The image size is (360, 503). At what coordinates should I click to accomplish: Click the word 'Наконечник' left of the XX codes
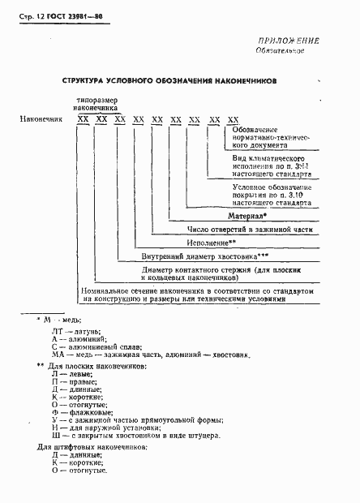[x=41, y=119]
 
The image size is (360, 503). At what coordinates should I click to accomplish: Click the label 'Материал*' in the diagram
[x=247, y=217]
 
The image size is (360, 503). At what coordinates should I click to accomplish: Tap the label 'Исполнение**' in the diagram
[x=210, y=242]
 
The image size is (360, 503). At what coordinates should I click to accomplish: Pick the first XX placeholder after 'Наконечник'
[x=83, y=119]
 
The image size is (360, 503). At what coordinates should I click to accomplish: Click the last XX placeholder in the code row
[x=232, y=119]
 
